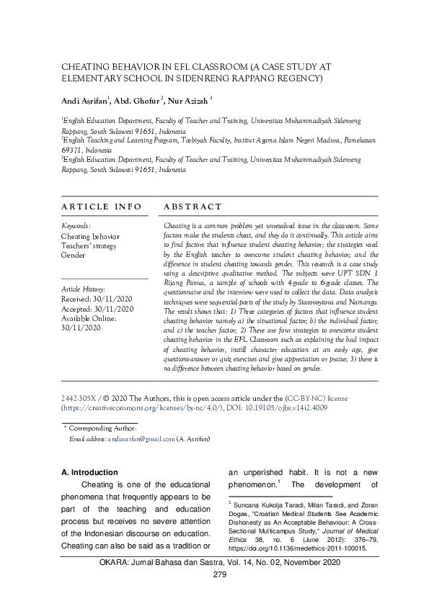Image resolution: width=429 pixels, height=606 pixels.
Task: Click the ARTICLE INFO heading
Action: pos(101,207)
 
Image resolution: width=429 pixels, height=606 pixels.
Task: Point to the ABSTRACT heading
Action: pos(193,207)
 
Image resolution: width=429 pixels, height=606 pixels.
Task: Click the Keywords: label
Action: pos(76,225)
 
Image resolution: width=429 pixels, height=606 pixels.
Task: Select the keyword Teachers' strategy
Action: pos(89,245)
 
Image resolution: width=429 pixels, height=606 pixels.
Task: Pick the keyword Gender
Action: pos(73,255)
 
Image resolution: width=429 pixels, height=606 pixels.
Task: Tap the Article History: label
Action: pos(84,289)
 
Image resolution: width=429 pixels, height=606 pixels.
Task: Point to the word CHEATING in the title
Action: pos(86,65)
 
